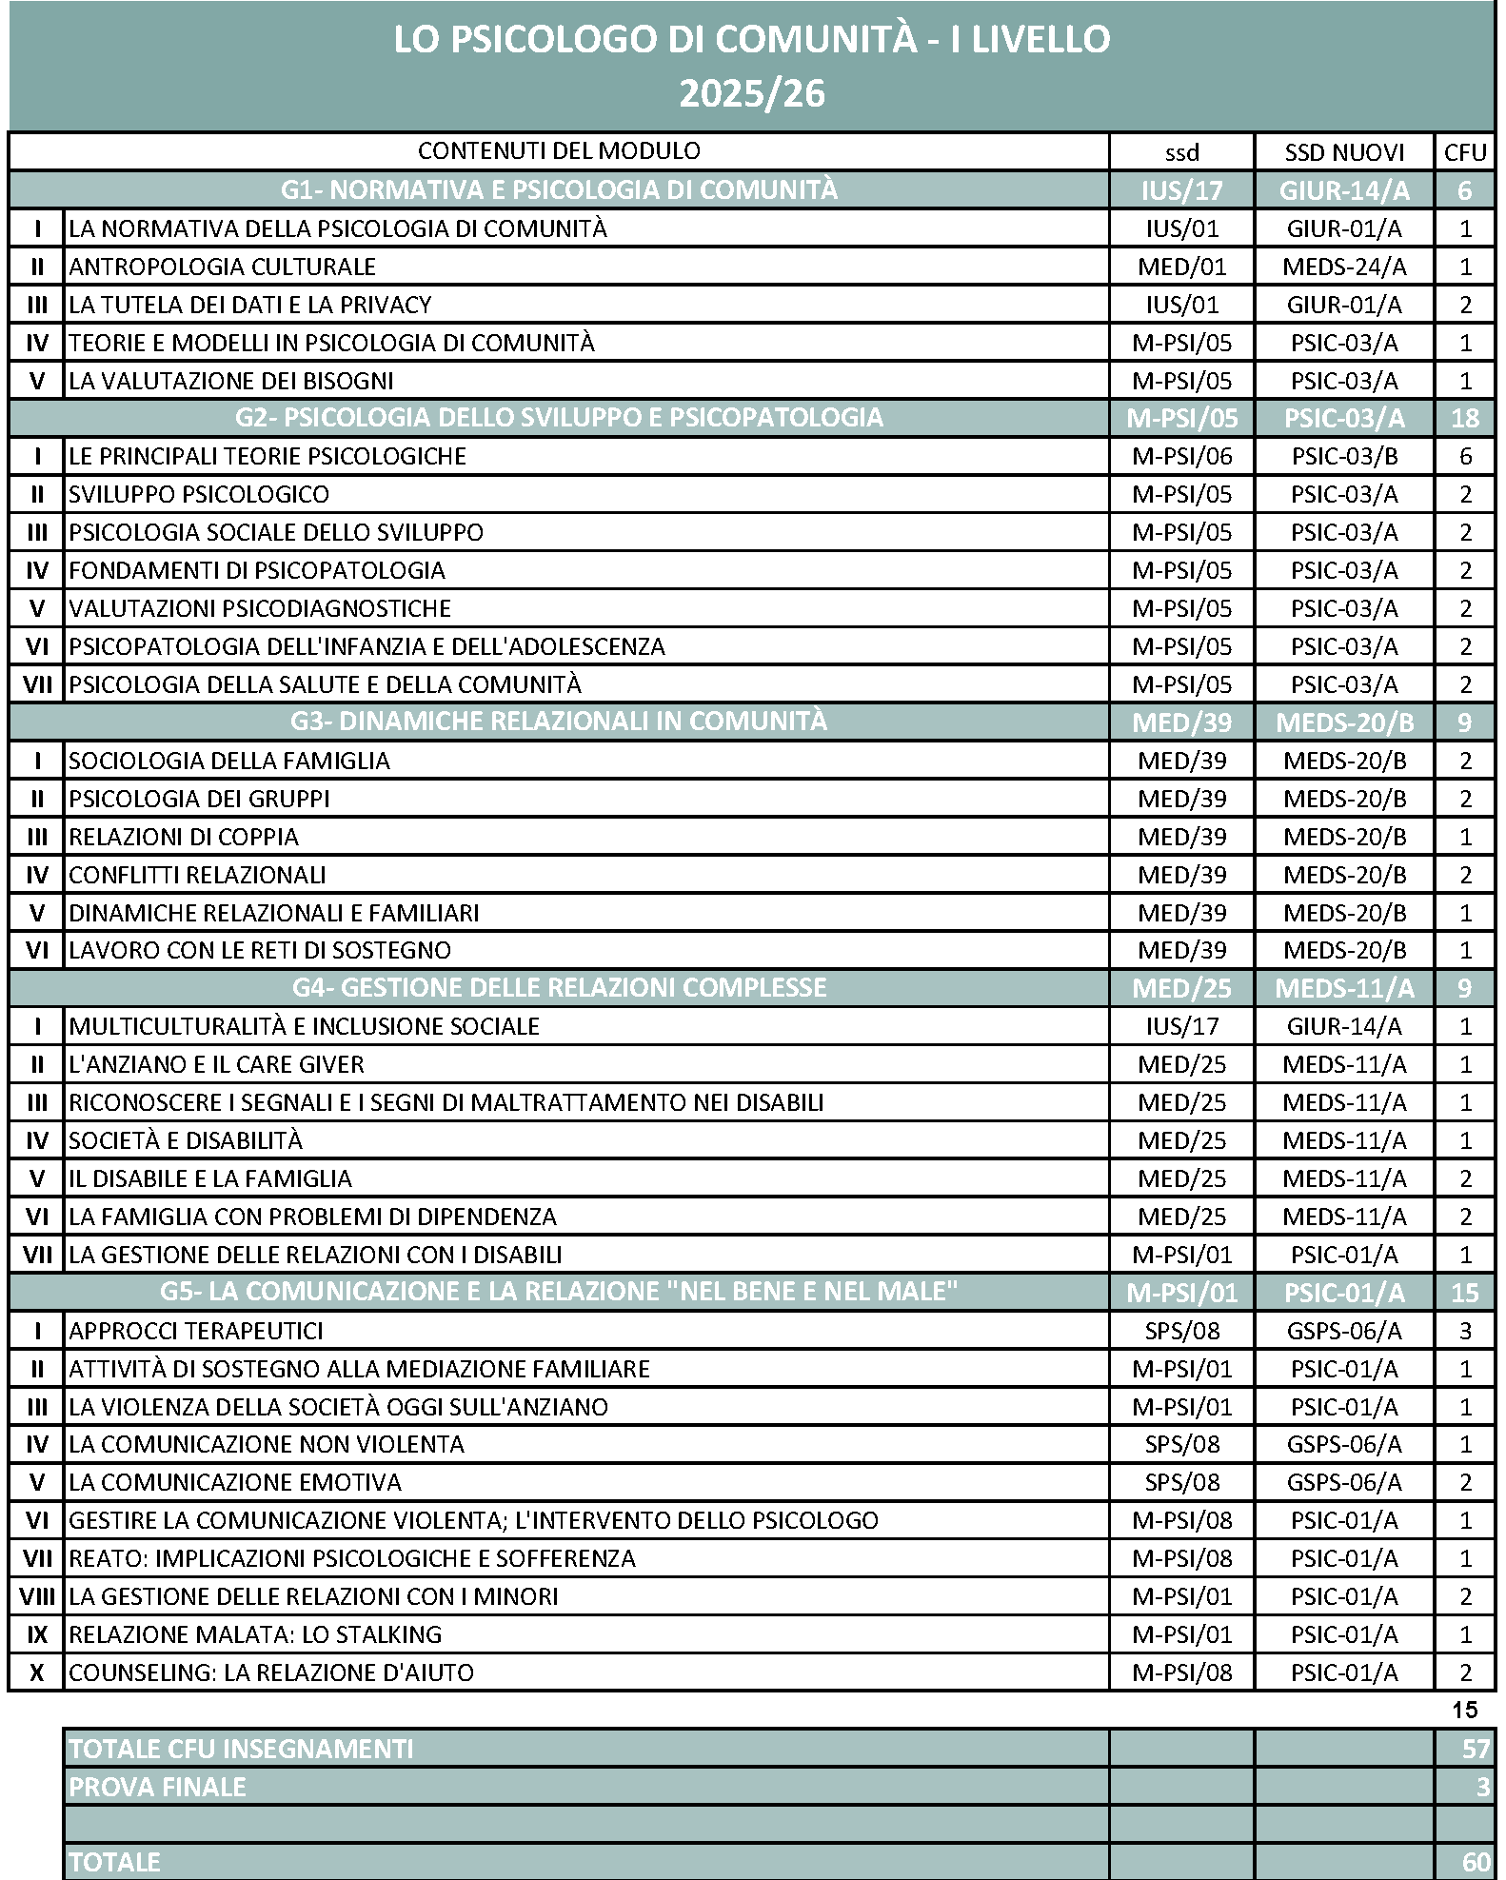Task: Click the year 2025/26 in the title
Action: point(751,93)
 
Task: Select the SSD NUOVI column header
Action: point(1344,152)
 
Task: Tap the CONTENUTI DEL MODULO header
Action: point(559,150)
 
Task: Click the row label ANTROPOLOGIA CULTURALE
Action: point(223,267)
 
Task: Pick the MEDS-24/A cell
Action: point(1344,267)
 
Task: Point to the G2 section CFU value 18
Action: point(1465,418)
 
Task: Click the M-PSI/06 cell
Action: point(1181,456)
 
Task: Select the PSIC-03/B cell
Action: point(1344,456)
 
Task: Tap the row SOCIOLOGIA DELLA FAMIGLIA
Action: point(229,761)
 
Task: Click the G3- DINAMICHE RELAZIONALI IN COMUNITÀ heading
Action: point(559,722)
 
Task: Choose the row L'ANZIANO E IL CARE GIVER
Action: point(216,1064)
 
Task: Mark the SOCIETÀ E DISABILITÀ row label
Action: point(186,1140)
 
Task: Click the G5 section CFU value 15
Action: point(1465,1293)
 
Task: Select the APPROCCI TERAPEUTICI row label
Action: point(196,1331)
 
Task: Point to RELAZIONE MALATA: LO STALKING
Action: point(255,1634)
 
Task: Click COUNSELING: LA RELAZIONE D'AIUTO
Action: point(271,1672)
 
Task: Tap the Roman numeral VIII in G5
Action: point(37,1596)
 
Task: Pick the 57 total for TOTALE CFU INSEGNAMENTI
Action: point(1476,1749)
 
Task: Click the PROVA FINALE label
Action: point(157,1787)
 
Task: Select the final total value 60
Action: point(1476,1862)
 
